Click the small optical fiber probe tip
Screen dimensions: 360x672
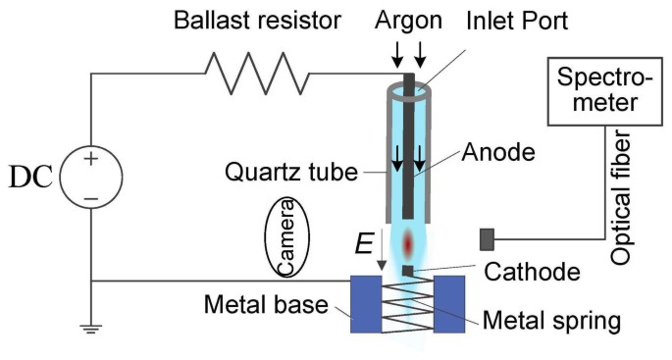click(486, 238)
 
